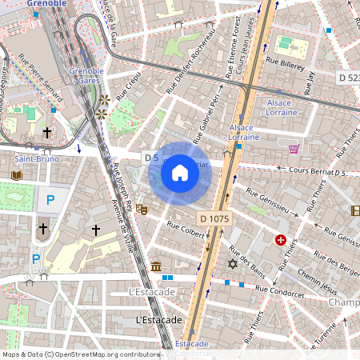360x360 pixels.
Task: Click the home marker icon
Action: (180, 173)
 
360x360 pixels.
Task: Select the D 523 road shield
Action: (348, 78)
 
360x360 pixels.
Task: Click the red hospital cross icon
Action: (281, 240)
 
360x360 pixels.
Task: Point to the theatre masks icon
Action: (142, 210)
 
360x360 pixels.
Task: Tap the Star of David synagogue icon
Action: (234, 264)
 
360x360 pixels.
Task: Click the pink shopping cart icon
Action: (294, 149)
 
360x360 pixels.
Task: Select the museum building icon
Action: (155, 266)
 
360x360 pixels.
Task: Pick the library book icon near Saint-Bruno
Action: (17, 175)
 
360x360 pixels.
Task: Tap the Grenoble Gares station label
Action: (86, 76)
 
